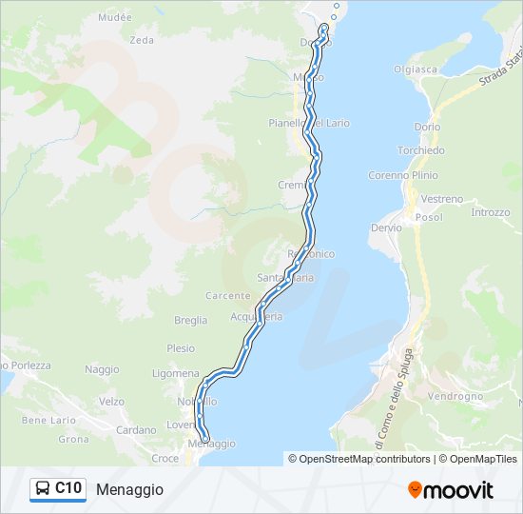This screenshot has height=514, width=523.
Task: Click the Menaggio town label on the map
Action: (x=211, y=445)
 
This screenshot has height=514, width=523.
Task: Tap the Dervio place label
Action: (x=386, y=228)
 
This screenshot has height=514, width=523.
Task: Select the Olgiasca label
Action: (x=416, y=69)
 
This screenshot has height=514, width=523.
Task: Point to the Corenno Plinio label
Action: (x=403, y=175)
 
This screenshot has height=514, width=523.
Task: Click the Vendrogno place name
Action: (x=456, y=396)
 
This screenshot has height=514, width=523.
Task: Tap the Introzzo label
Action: (x=491, y=212)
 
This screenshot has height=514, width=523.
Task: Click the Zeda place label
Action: (x=141, y=40)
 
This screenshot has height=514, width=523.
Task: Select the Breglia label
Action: (x=191, y=321)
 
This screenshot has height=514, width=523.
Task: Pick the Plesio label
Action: (x=181, y=348)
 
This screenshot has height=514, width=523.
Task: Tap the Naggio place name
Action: (x=102, y=369)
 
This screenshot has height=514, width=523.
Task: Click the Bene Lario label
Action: (x=48, y=420)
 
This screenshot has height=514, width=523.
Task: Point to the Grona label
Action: (x=73, y=440)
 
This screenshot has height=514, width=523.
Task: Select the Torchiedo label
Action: (x=421, y=150)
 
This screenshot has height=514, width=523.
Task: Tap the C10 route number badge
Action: (x=68, y=488)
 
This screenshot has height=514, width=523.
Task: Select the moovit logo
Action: (x=451, y=490)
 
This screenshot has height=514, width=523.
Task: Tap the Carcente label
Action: (x=227, y=296)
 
